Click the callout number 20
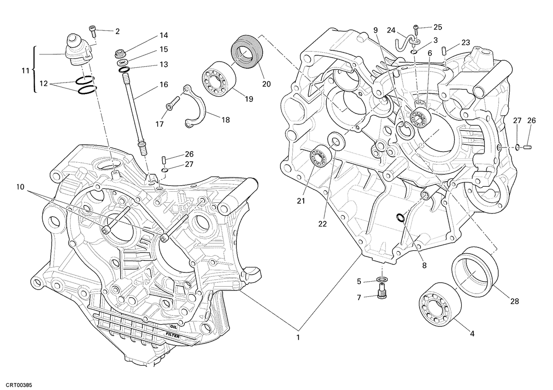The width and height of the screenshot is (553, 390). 266,84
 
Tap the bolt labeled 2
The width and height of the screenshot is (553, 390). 93,30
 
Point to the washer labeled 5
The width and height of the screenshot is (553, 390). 382,279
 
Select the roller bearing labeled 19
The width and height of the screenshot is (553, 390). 219,79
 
